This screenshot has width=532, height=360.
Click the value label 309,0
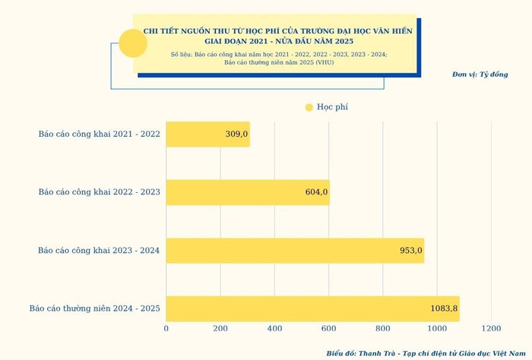pos(236,134)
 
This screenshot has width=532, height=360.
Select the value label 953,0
pos(411,251)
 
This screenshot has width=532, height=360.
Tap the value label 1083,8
pos(444,308)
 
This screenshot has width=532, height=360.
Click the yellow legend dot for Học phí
pos(309,107)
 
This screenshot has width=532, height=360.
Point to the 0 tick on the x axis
pos(166,328)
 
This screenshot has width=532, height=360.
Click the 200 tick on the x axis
pos(220,328)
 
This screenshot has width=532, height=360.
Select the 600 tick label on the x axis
pos(329,328)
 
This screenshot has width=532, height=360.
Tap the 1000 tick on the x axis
pos(437,328)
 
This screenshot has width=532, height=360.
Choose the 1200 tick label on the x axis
pos(491,328)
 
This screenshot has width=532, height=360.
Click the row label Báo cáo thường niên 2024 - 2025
pos(94,308)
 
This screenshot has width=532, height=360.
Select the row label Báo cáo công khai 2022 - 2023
pos(99,192)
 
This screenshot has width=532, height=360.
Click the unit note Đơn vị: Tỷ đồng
pos(480,74)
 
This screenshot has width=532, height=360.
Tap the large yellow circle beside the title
pos(133,43)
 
